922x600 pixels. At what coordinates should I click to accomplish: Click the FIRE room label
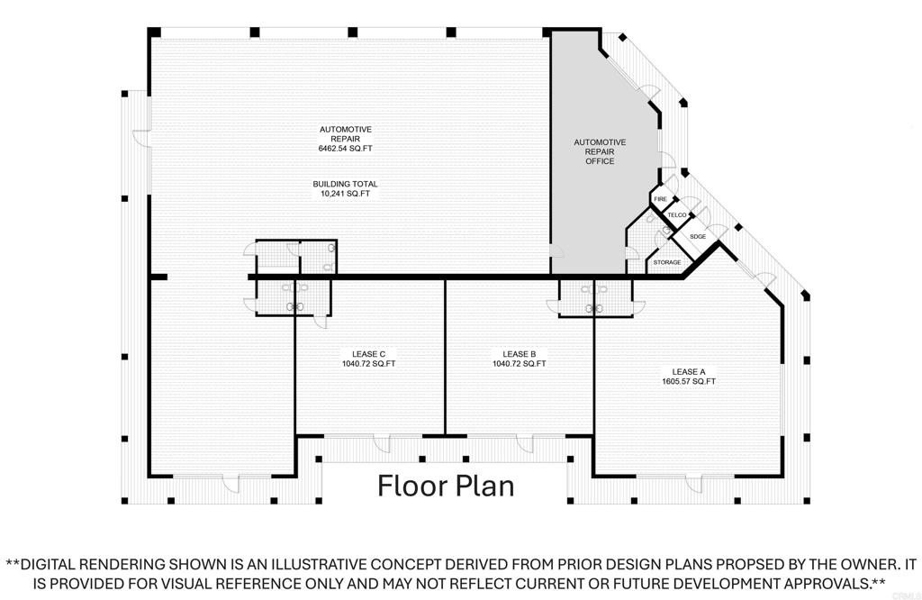click(660, 199)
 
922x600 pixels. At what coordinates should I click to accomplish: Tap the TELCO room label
click(677, 215)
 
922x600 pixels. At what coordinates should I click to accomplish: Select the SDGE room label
click(698, 236)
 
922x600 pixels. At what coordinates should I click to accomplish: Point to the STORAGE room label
click(667, 262)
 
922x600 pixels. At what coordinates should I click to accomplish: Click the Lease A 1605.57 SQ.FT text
click(689, 377)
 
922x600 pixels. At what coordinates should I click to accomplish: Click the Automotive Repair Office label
click(600, 151)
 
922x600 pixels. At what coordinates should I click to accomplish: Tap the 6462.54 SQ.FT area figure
click(345, 149)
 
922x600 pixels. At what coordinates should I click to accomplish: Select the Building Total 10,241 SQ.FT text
click(345, 188)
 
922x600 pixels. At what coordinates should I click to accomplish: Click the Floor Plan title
click(446, 486)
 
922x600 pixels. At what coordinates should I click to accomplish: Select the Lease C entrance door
click(382, 443)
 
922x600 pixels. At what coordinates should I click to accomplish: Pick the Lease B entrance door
click(525, 443)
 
